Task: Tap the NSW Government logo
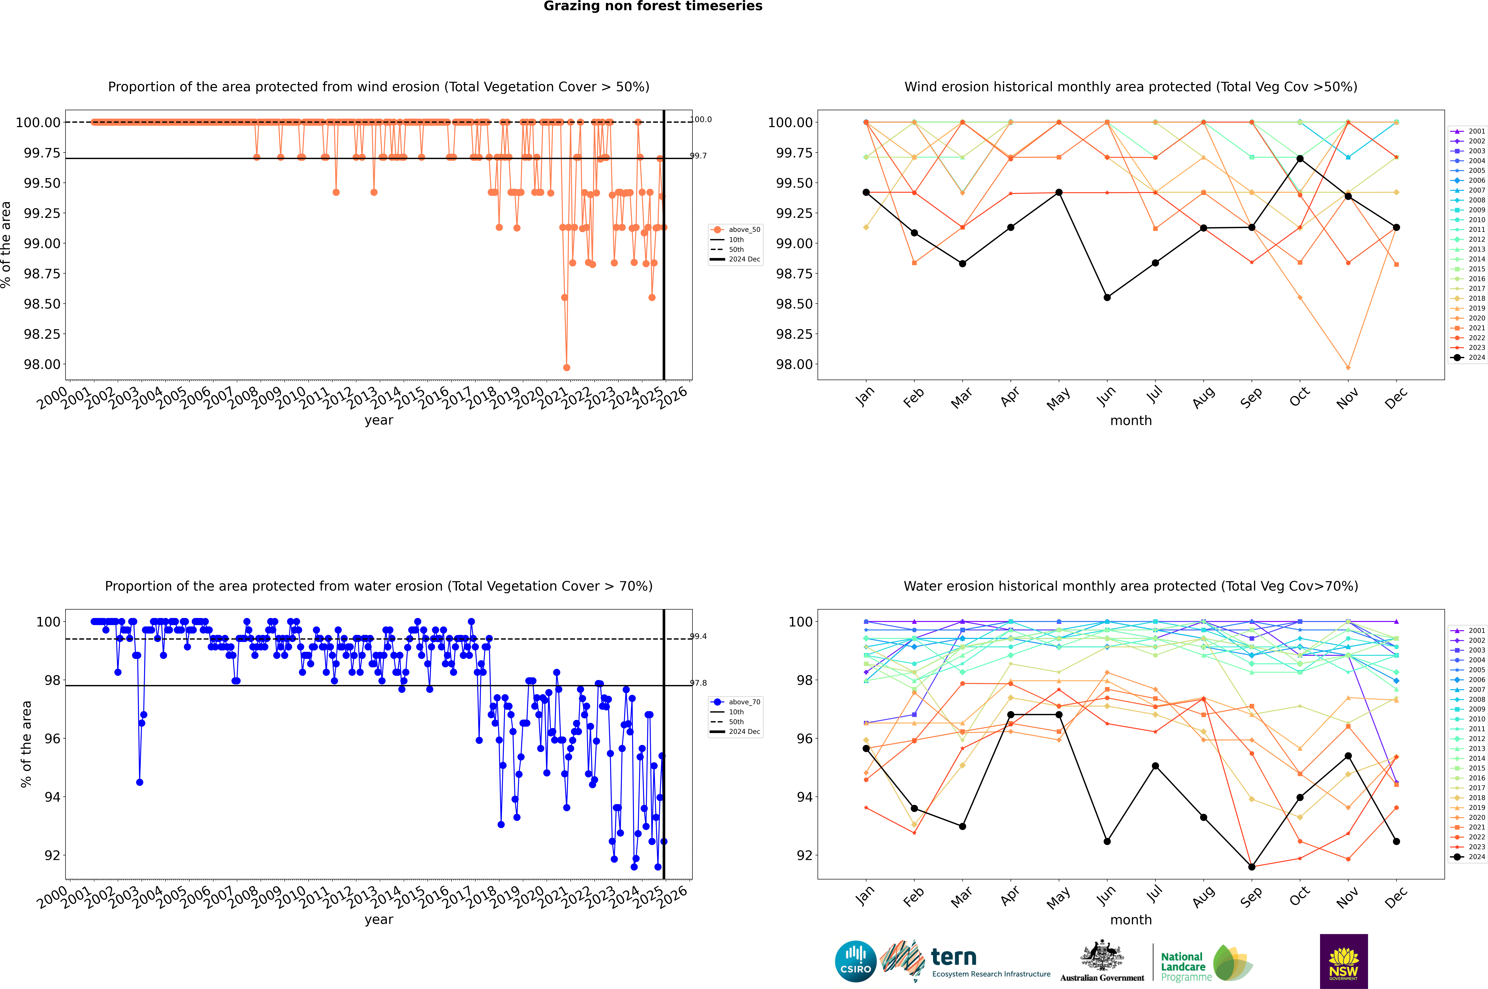click(1344, 961)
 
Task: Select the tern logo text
click(954, 958)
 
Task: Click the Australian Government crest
click(1102, 958)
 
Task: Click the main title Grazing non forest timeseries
click(653, 6)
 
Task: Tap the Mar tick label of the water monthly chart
click(961, 897)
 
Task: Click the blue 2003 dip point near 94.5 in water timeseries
click(139, 782)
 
